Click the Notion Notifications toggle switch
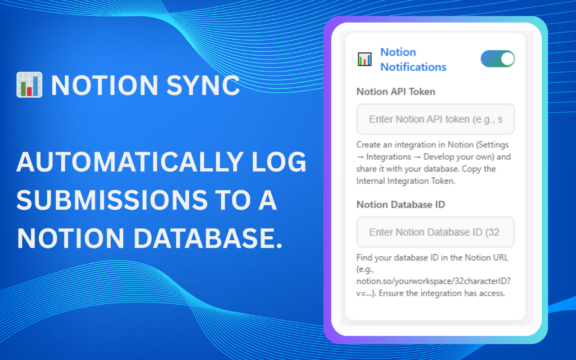pyautogui.click(x=497, y=59)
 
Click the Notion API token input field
pyautogui.click(x=435, y=119)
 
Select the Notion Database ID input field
pyautogui.click(x=435, y=232)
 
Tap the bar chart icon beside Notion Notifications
pyautogui.click(x=364, y=59)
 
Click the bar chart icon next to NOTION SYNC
pyautogui.click(x=29, y=85)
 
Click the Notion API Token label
pyautogui.click(x=396, y=92)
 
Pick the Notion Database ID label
pyautogui.click(x=400, y=205)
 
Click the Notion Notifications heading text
pyautogui.click(x=413, y=59)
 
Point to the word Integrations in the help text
pyautogui.click(x=388, y=157)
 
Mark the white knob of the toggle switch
pyautogui.click(x=507, y=59)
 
